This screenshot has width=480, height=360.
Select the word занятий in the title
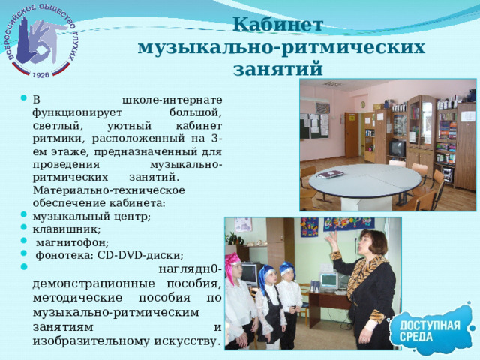(278, 70)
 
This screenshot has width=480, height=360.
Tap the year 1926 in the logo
(41, 75)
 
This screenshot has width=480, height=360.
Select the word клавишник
(67, 229)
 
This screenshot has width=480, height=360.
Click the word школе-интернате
(172, 99)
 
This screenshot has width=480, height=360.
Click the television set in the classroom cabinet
(397, 148)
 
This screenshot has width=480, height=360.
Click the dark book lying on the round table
(331, 174)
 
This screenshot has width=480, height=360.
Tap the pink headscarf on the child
(233, 261)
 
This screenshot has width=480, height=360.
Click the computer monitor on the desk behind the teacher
(328, 280)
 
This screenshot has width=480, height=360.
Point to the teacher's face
(368, 244)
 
